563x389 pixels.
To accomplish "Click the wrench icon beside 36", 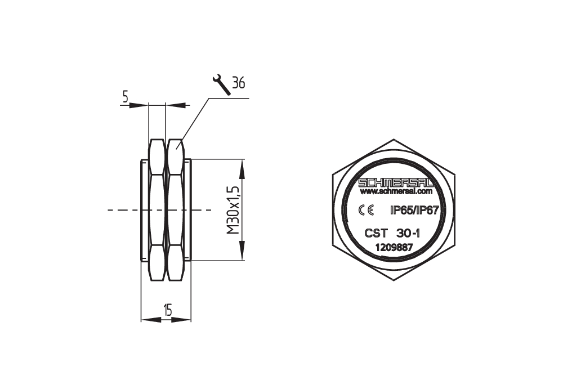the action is click(x=221, y=85).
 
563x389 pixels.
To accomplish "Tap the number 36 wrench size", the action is click(x=238, y=83).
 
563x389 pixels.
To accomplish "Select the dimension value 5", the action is click(x=126, y=97).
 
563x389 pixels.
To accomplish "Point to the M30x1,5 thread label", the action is click(x=233, y=210).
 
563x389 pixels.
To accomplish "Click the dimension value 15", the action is click(x=167, y=309).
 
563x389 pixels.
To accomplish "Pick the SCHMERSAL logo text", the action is click(x=396, y=183).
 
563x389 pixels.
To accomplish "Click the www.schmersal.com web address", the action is click(x=396, y=192).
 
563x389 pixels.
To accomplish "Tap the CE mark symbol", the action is click(x=367, y=210).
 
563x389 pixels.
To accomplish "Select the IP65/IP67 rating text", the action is click(x=414, y=211).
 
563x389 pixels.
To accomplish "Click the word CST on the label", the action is click(x=376, y=234).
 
